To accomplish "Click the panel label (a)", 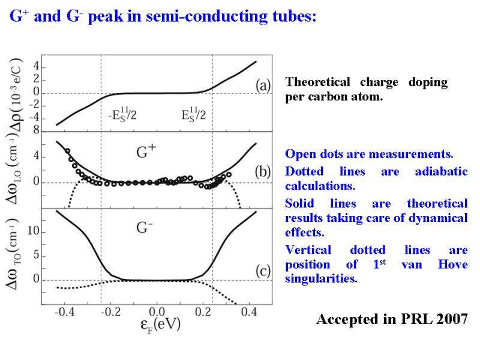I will click(x=263, y=86).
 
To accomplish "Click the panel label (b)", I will click(x=263, y=172).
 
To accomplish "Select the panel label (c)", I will click(x=263, y=271).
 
